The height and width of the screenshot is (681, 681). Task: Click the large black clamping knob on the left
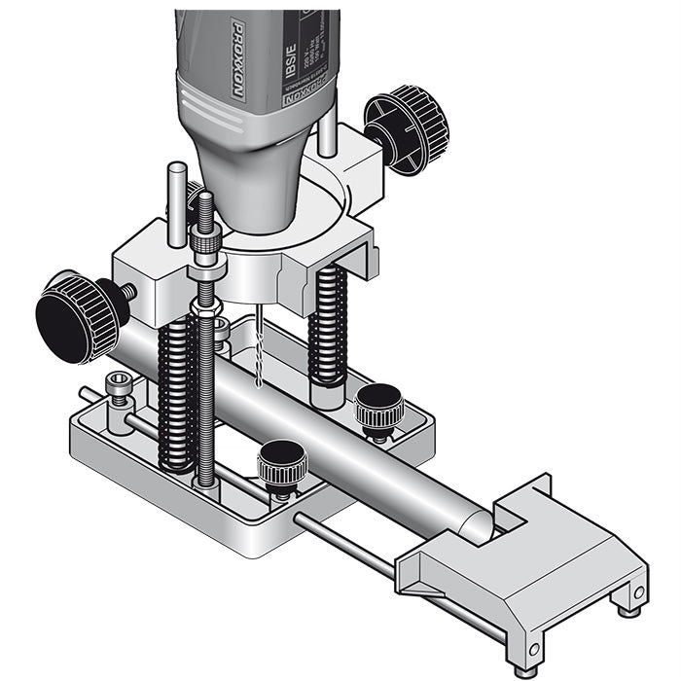pyautogui.click(x=77, y=315)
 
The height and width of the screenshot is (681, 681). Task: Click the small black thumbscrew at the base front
pyautogui.click(x=282, y=463)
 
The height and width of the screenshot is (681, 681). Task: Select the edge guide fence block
pyautogui.click(x=545, y=564)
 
